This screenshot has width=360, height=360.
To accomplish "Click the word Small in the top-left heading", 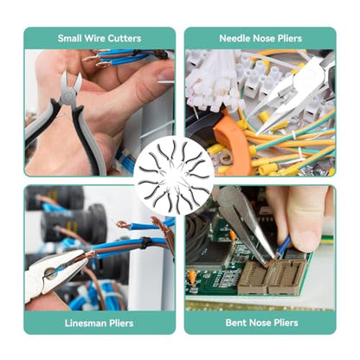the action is click(x=69, y=38).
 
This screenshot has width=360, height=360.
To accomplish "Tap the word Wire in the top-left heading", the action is click(x=94, y=38).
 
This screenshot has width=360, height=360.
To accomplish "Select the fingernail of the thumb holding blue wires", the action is click(x=166, y=74).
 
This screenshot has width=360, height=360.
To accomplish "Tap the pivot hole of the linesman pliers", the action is click(x=50, y=273).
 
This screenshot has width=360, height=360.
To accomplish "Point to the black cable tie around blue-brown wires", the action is click(x=145, y=243).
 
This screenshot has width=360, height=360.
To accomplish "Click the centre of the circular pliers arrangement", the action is click(x=174, y=177).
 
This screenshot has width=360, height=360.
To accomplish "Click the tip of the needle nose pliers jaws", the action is click(x=257, y=134).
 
